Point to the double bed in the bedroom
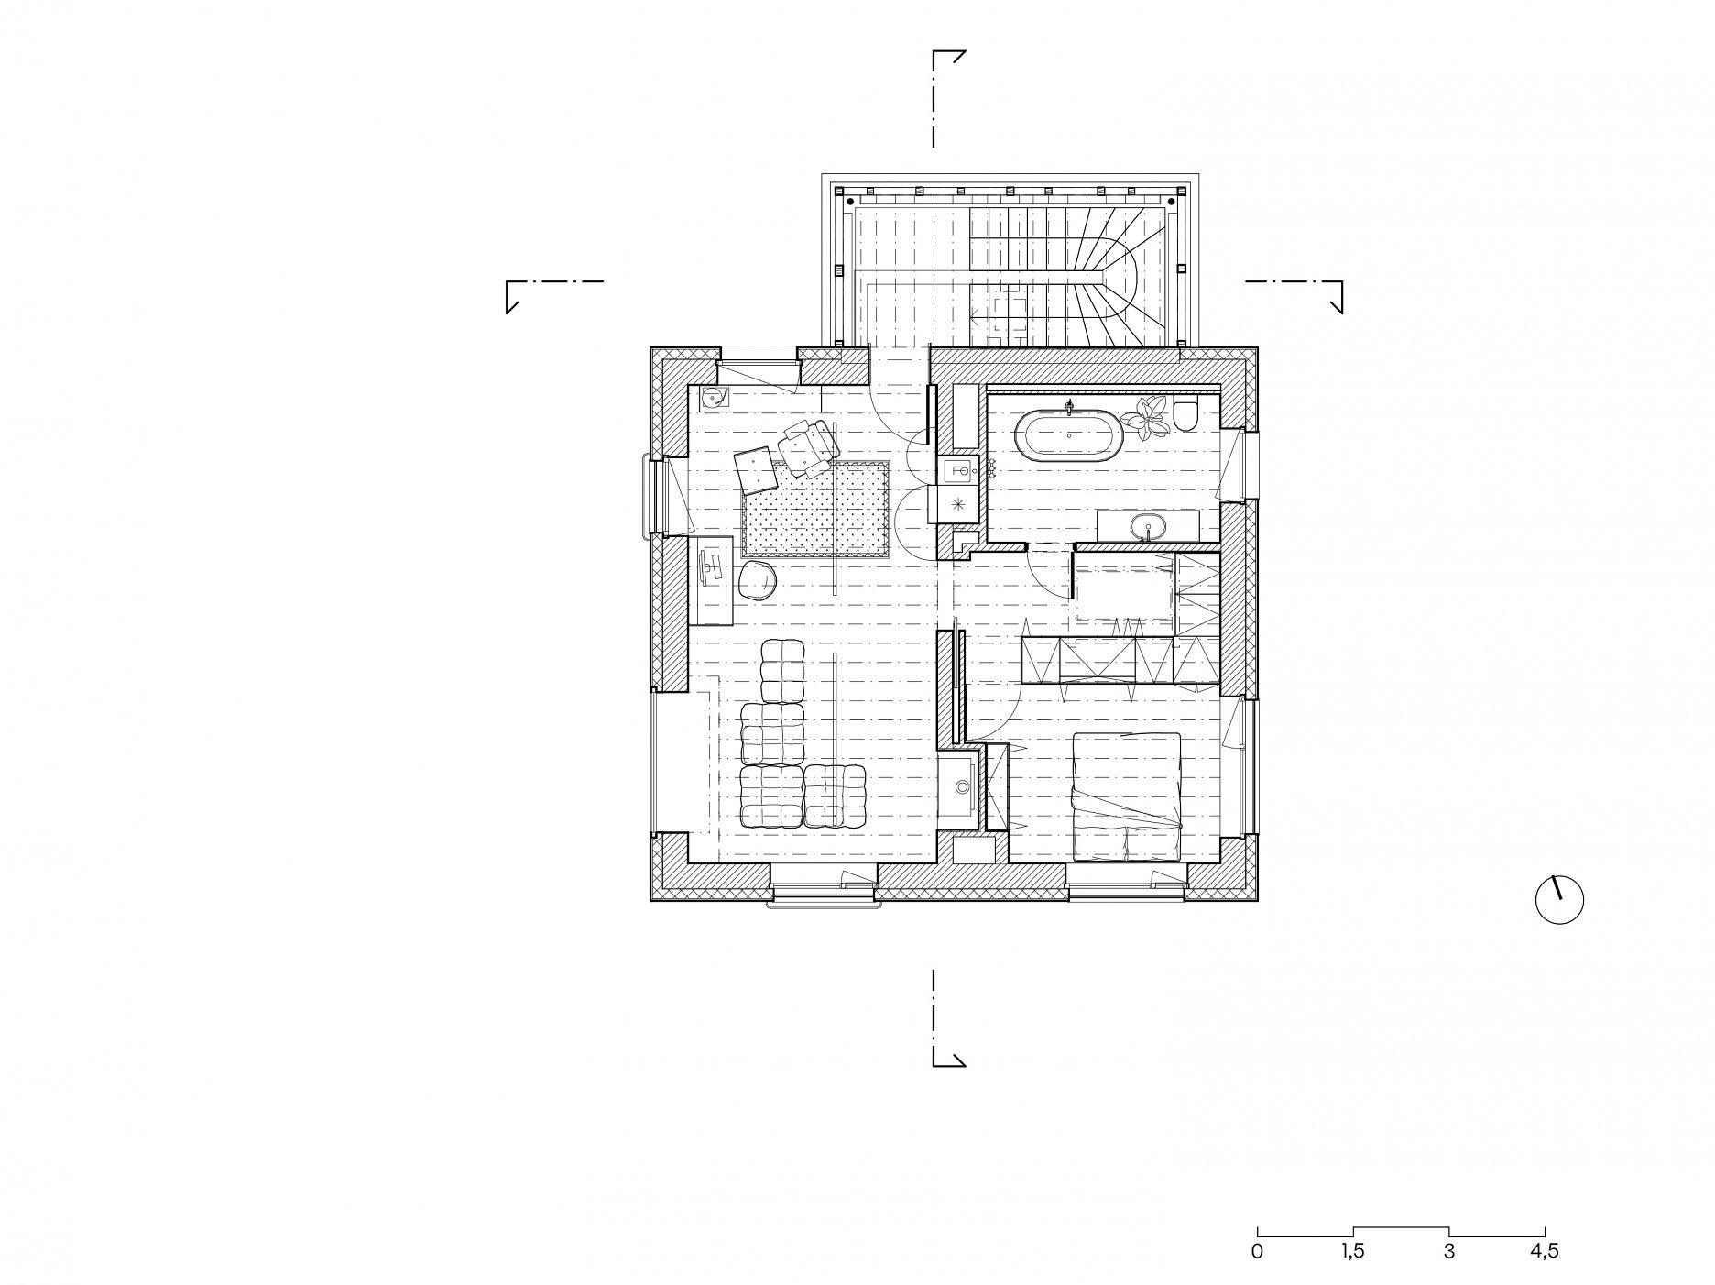click(1126, 797)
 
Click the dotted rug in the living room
click(815, 510)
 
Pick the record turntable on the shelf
click(713, 398)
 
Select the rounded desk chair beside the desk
click(759, 581)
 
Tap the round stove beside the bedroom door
click(961, 786)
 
